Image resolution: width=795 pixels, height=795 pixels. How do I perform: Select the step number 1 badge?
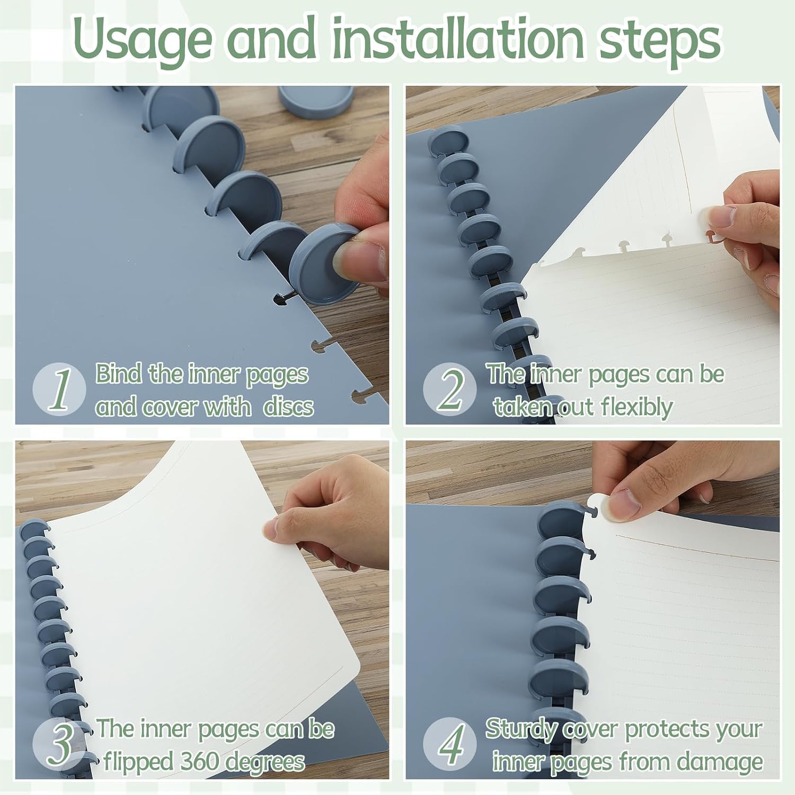[59, 390]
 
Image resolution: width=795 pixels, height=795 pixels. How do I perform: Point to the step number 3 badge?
[59, 745]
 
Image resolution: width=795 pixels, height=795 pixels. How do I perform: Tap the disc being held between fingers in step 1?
[323, 254]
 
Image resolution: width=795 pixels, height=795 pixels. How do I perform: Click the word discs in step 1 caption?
[288, 407]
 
